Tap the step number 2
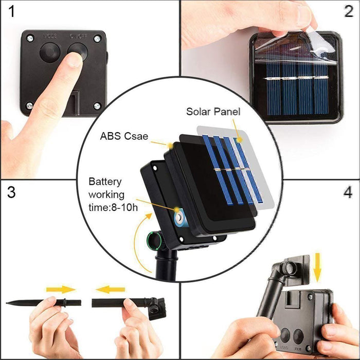(x=348, y=12)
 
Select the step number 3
(x=11, y=193)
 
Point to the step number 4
(x=348, y=193)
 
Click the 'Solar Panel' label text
(x=213, y=111)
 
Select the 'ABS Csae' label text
(x=124, y=137)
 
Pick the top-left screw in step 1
(x=29, y=38)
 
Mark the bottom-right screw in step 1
(x=96, y=106)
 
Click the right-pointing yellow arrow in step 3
(x=60, y=290)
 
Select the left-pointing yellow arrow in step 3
(x=110, y=290)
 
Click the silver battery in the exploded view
(x=179, y=218)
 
